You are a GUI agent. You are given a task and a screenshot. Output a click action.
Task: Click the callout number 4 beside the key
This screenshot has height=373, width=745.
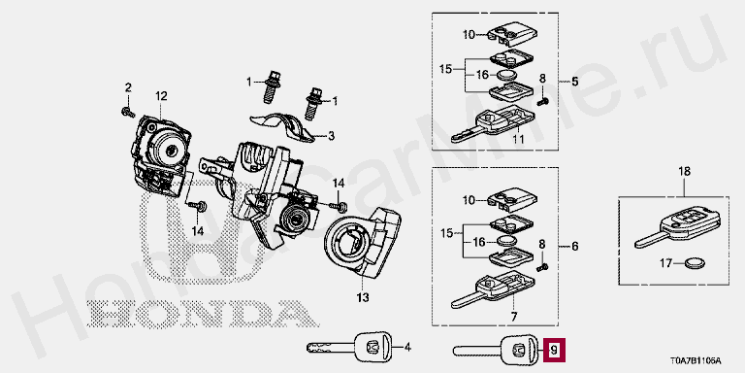tap(406, 348)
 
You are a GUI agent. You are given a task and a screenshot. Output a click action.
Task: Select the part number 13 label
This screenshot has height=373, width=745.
tap(362, 298)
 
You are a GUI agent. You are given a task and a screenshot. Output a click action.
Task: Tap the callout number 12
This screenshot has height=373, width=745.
tap(161, 96)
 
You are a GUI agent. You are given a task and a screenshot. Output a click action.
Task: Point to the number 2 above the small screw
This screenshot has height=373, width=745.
tap(128, 87)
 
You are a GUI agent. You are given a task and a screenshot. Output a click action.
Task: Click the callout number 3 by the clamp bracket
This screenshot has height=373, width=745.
tap(331, 137)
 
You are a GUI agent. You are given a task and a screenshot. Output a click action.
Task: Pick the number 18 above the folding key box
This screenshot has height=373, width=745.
tap(684, 171)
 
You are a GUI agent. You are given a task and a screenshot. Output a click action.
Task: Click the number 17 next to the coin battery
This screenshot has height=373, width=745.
tap(666, 262)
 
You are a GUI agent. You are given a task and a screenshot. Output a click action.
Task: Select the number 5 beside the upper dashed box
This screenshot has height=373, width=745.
tap(575, 82)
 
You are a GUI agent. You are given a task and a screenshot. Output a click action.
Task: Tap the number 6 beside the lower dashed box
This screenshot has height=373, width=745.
tap(575, 247)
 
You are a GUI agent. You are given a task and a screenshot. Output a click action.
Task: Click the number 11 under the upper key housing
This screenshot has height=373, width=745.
tap(517, 140)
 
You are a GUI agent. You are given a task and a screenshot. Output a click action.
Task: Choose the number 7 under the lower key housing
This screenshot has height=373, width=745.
tap(514, 316)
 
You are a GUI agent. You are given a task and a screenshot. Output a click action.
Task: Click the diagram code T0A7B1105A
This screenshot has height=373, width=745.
tap(696, 360)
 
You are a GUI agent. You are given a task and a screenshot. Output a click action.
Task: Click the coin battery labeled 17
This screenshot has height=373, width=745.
tap(696, 262)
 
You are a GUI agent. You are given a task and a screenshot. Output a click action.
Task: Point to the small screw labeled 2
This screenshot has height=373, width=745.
tap(128, 112)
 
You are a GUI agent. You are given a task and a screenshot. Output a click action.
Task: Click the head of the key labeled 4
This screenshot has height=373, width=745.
tap(373, 348)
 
